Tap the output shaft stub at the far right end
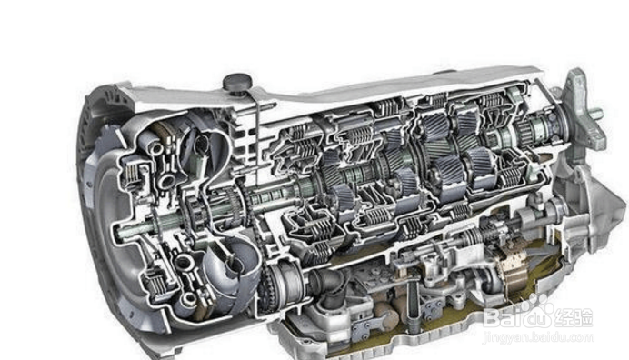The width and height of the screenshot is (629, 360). (x=595, y=114)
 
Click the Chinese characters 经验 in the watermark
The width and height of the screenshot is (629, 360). (x=573, y=317)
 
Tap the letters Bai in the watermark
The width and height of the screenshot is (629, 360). (x=504, y=317)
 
